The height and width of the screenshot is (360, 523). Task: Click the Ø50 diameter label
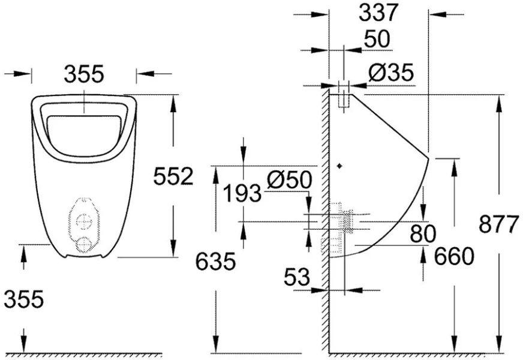290,179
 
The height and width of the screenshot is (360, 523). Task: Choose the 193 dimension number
242,194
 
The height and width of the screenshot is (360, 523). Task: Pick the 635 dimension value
215,262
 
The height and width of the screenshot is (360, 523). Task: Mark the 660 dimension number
454,256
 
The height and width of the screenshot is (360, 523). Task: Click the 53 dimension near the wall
297,277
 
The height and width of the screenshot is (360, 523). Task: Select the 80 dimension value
423,234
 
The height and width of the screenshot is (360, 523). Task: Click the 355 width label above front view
84,74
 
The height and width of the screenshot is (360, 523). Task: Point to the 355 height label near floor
23,298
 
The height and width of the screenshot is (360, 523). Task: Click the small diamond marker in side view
340,166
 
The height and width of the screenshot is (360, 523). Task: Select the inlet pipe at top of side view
344,96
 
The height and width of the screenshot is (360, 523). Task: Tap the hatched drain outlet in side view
345,222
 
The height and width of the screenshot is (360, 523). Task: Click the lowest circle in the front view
85,244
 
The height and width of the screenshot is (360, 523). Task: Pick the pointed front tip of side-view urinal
428,158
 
